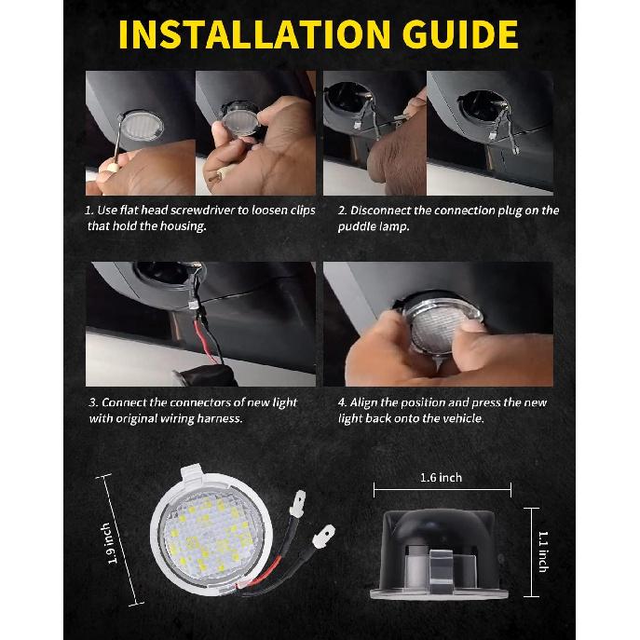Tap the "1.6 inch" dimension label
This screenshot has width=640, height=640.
coord(441,478)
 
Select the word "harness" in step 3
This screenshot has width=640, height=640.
coord(220,418)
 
